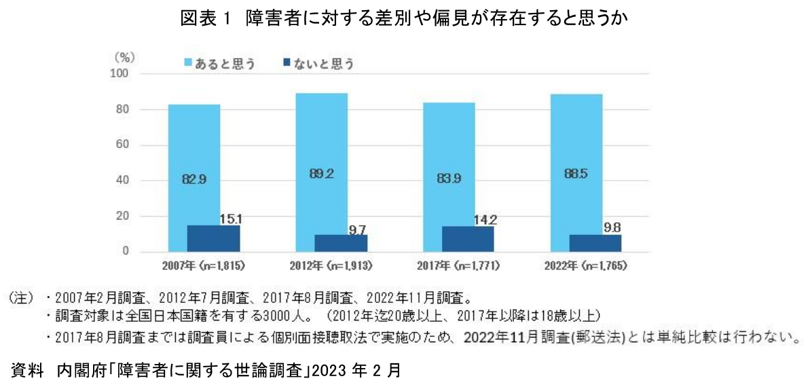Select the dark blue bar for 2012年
point(341,244)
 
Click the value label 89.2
point(322,175)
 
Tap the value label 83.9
point(449,179)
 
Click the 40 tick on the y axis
point(123,181)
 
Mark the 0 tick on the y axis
point(126,252)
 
